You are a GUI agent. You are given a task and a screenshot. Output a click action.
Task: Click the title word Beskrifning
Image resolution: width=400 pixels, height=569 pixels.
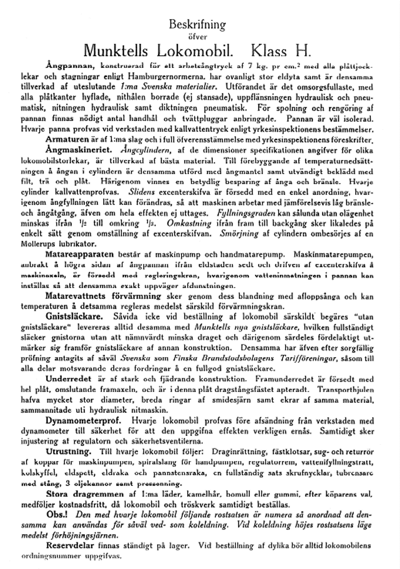[197, 24]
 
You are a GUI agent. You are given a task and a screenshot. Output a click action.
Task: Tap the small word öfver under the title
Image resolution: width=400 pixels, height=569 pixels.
[200, 37]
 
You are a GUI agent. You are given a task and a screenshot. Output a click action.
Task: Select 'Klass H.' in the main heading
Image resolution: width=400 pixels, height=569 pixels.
[281, 51]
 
